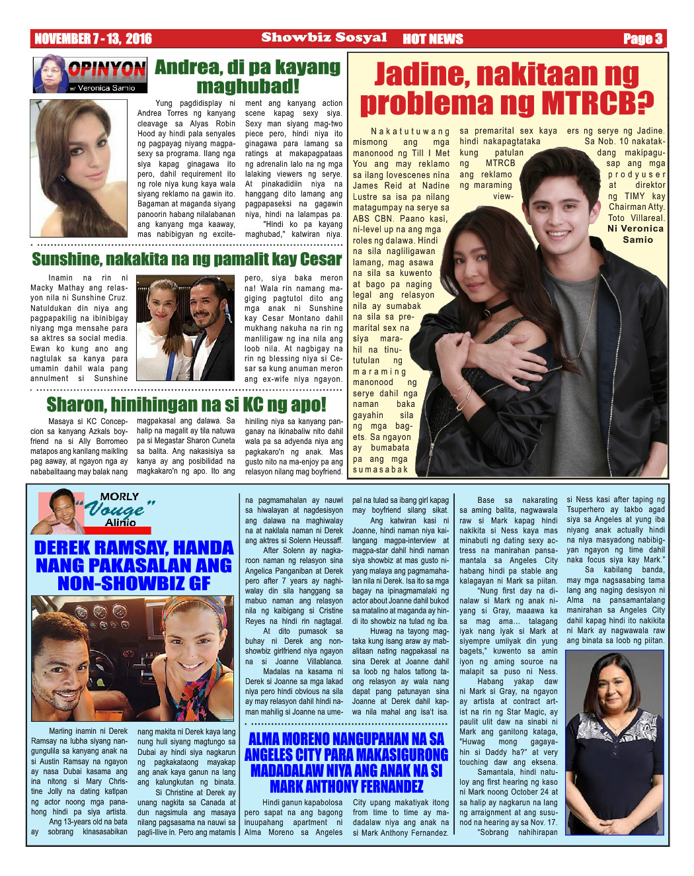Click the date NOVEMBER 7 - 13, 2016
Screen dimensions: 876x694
click(x=93, y=38)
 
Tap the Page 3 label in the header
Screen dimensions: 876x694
click(x=642, y=38)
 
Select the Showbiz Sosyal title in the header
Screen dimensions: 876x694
click(x=324, y=38)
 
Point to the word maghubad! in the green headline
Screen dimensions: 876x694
click(x=248, y=86)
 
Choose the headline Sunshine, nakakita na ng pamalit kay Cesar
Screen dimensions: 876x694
click(x=187, y=259)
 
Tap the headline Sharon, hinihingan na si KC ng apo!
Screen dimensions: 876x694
click(x=186, y=404)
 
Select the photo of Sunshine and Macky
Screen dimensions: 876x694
click(x=185, y=328)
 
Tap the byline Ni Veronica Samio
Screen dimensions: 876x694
click(x=636, y=234)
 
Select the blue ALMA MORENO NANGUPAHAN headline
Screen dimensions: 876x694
click(x=346, y=762)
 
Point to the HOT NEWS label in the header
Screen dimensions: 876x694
click(x=433, y=39)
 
